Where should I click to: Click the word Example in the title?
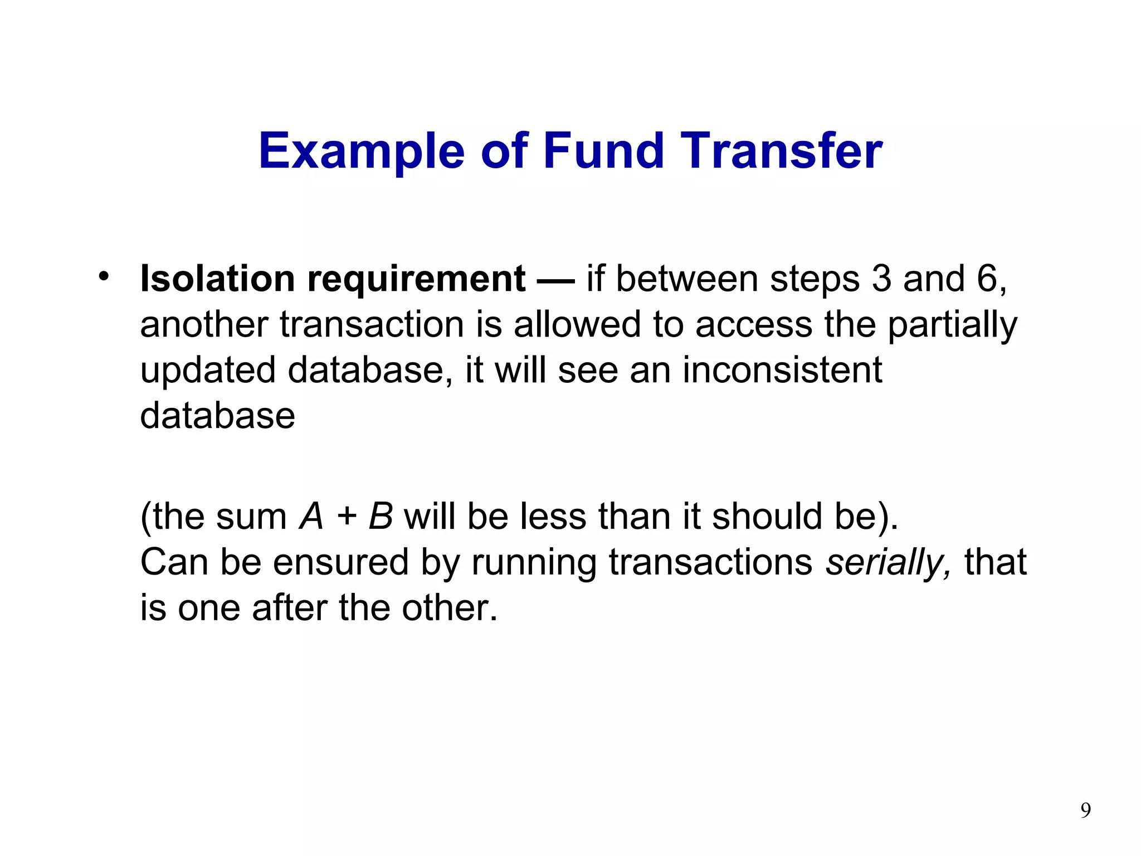point(362,152)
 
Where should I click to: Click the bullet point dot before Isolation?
point(103,276)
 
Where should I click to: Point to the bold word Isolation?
point(217,279)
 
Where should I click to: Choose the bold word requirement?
point(416,279)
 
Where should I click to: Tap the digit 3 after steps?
point(881,279)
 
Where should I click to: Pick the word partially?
point(952,325)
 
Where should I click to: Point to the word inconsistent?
point(782,370)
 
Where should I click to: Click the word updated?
point(208,371)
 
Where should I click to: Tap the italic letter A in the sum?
point(311,517)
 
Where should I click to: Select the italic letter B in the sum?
point(381,517)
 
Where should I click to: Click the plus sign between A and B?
point(347,517)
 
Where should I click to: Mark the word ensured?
point(341,562)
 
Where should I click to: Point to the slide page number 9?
point(1085,810)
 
